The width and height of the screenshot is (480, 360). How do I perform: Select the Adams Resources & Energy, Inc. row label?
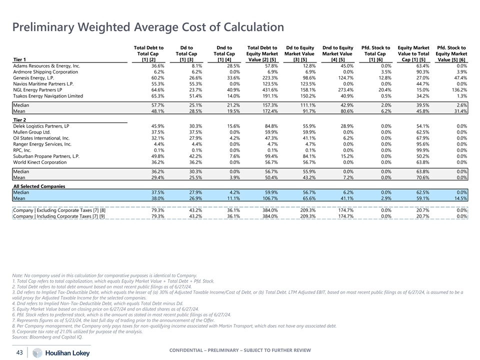coord(46,65)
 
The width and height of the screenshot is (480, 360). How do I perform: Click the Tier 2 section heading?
coord(20,119)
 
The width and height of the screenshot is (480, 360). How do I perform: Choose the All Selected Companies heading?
coord(39,186)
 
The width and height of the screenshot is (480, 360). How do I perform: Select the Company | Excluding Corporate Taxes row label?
coord(59,210)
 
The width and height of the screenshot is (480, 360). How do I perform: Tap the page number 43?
coord(20,352)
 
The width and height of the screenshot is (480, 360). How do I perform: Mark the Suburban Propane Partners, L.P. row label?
coord(46,156)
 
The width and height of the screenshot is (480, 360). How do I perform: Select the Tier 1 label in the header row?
coord(20,59)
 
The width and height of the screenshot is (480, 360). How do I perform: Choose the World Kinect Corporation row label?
coord(40,162)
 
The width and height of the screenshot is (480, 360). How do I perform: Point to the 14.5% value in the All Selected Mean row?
coord(460,198)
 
